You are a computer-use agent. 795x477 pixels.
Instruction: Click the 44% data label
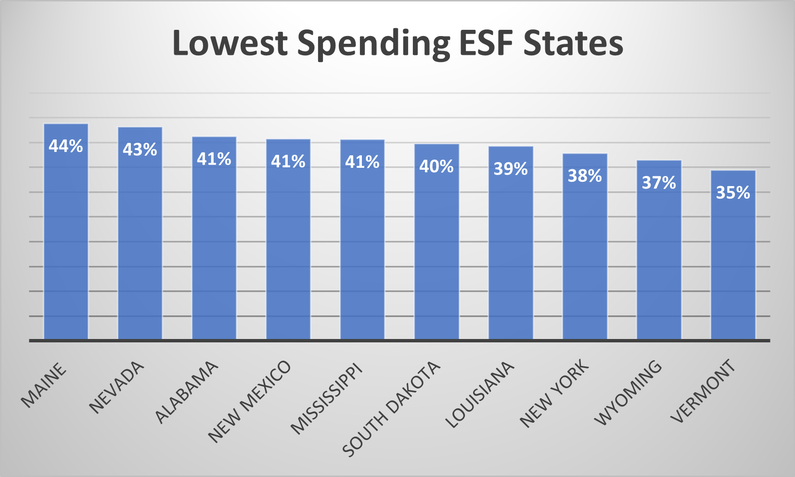point(66,146)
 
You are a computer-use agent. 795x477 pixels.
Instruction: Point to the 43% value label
point(140,150)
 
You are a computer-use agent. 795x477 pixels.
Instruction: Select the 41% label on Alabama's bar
point(214,159)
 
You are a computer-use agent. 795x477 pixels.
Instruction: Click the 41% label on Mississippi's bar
point(362,163)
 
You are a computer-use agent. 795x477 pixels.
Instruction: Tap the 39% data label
point(511,169)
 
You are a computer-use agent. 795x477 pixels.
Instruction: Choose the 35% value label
point(733,193)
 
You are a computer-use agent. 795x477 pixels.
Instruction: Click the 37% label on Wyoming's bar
point(659,183)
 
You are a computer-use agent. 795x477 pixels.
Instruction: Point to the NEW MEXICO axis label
point(249,402)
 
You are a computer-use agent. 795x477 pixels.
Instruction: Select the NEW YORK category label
point(554,393)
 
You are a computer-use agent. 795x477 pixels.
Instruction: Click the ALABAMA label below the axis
point(187,392)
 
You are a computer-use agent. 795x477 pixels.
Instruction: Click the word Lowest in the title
point(230,43)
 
